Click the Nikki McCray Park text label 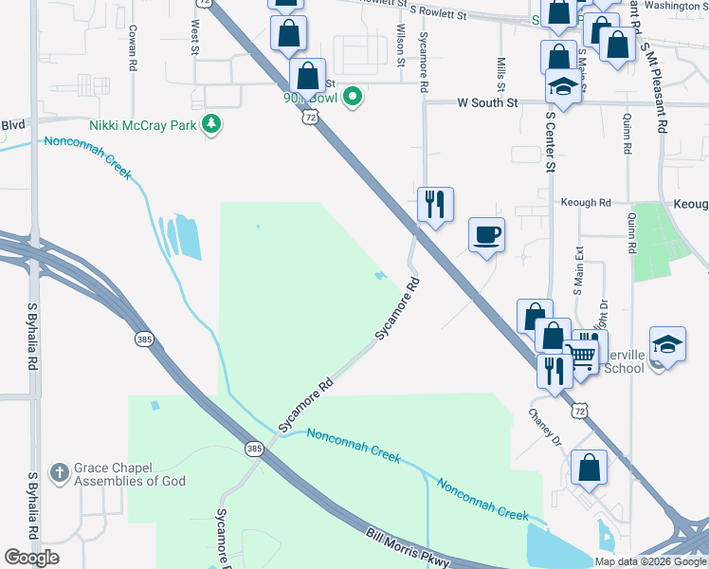[143, 124]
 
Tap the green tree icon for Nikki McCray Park [213, 124]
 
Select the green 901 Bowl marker [353, 96]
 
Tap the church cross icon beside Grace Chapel [59, 471]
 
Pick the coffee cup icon [487, 234]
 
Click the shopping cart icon [585, 355]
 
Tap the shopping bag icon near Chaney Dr [590, 467]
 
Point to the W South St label [488, 101]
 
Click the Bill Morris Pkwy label [408, 548]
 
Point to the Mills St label [500, 68]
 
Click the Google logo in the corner [31, 557]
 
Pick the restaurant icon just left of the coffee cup [435, 204]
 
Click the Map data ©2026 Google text [651, 561]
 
